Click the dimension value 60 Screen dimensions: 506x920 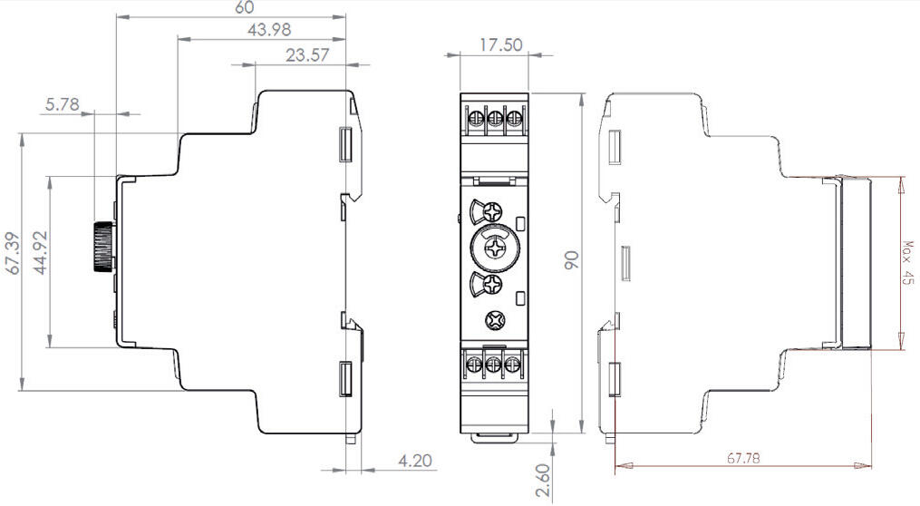pos(244,7)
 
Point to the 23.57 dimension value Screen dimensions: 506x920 pos(307,55)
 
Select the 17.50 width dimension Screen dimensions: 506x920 pos(500,44)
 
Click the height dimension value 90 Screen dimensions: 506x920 pos(571,261)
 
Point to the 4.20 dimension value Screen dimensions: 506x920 pos(414,461)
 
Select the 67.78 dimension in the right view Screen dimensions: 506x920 pos(743,458)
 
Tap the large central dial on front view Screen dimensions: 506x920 pos(494,248)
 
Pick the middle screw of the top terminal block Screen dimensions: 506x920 pos(494,118)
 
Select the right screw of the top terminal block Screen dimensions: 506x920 pos(514,118)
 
